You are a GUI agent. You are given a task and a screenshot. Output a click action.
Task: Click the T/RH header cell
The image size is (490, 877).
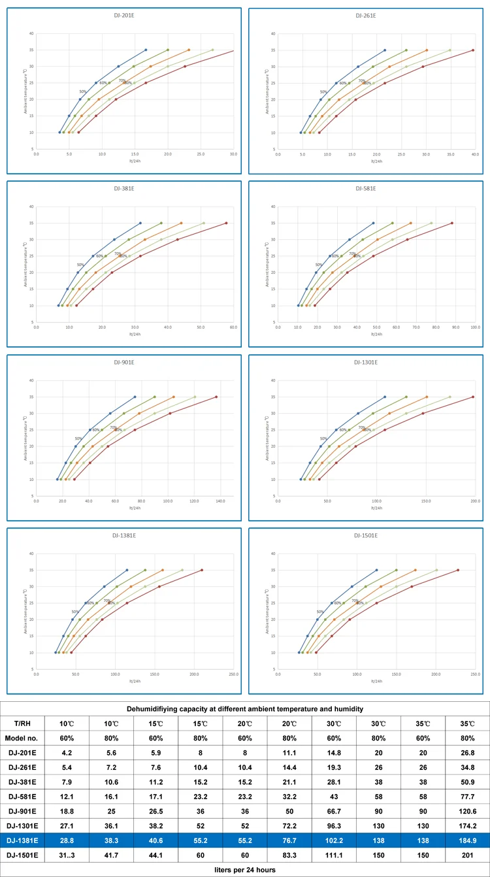tap(22, 723)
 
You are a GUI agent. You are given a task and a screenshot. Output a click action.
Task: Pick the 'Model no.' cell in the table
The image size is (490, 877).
tap(22, 738)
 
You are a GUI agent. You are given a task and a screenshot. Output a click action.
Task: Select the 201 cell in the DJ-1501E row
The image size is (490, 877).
tap(466, 853)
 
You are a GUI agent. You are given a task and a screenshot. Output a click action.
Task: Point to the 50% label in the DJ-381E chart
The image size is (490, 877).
tap(80, 265)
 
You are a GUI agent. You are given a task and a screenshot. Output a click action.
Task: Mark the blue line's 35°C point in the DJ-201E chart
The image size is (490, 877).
tap(146, 50)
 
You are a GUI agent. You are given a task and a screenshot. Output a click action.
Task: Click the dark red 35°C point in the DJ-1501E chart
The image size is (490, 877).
tap(458, 570)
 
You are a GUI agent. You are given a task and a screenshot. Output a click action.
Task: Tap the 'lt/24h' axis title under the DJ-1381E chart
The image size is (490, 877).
tap(135, 681)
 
